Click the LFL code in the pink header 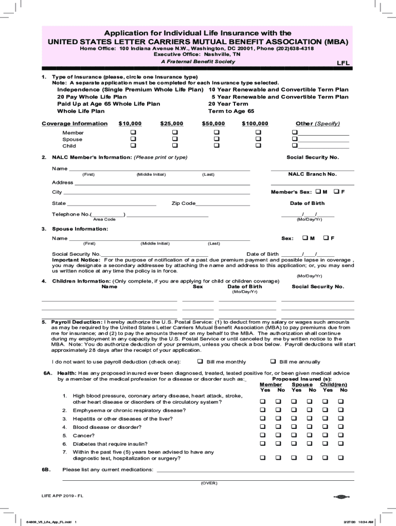click(x=343, y=63)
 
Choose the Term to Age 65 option click(x=231, y=111)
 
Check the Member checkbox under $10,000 click(x=133, y=133)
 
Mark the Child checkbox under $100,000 click(x=258, y=146)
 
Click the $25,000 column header click(x=171, y=123)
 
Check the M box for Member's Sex click(x=318, y=192)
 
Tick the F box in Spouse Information click(x=325, y=238)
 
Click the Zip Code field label click(x=184, y=203)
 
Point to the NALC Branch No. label click(x=312, y=174)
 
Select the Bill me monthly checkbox click(x=201, y=361)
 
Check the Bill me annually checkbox click(x=273, y=361)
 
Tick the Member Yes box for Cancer click(x=263, y=435)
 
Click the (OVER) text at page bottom click(x=209, y=483)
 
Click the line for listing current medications click(x=255, y=471)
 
